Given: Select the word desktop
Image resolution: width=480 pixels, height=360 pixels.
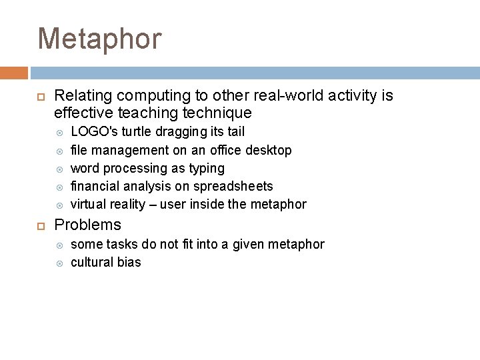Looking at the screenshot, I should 269,150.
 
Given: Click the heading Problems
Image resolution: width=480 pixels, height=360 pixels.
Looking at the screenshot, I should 87,225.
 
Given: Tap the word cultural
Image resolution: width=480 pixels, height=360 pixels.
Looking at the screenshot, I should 92,262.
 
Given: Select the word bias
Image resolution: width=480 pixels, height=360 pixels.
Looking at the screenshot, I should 129,262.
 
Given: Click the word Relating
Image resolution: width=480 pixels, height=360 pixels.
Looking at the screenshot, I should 79,96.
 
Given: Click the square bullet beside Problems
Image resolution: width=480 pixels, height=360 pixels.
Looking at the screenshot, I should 39,225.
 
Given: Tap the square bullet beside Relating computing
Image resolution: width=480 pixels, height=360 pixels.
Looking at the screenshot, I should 39,97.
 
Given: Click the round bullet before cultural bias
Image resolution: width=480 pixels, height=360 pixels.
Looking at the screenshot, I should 59,263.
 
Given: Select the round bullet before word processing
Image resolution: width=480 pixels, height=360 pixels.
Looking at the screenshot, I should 59,169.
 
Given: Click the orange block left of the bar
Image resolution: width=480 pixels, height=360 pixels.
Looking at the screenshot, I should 13,73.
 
